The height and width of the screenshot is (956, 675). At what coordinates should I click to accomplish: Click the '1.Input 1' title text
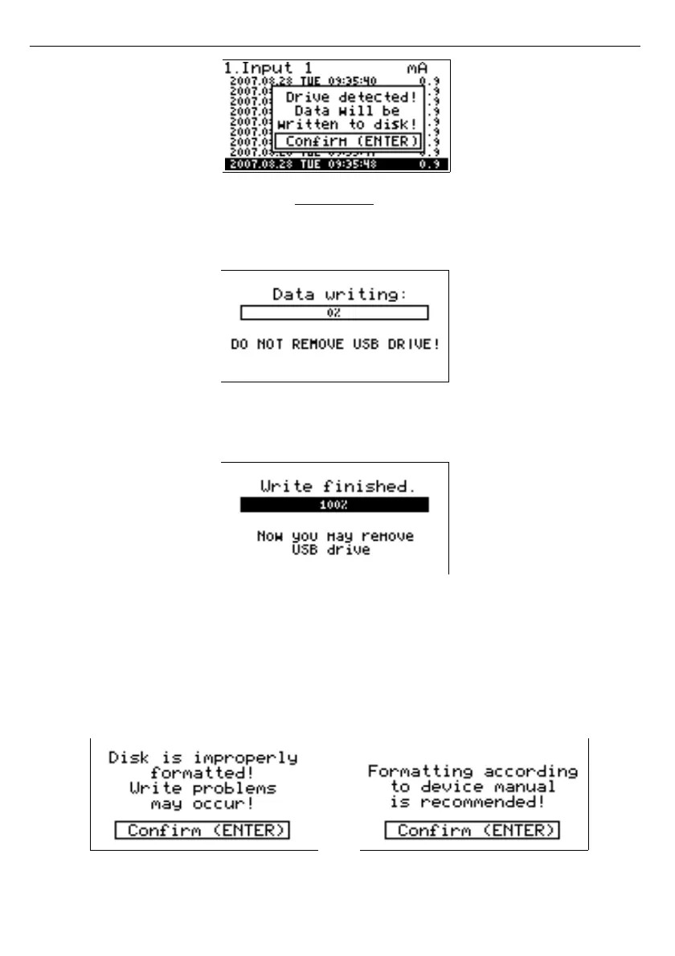(268, 68)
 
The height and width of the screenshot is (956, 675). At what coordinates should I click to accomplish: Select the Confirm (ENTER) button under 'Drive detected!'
(347, 141)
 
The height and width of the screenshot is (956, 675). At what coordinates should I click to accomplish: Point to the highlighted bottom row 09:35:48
(337, 164)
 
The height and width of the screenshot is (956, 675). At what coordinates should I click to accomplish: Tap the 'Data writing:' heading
(340, 294)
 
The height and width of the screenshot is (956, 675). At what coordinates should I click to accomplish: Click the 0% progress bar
(334, 313)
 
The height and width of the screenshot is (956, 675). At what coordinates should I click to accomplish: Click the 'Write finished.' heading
(333, 486)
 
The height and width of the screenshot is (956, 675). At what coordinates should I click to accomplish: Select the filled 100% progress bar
(334, 505)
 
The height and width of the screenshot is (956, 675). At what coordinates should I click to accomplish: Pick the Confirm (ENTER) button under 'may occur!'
(202, 831)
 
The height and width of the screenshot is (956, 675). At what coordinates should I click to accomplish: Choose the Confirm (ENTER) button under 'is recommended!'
(472, 831)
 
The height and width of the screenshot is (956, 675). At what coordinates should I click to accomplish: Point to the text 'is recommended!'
(472, 802)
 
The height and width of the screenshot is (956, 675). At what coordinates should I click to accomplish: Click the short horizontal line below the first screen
(335, 205)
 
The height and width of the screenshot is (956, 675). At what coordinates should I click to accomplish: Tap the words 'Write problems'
(202, 787)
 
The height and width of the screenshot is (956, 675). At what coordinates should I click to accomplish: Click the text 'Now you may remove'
(335, 535)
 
